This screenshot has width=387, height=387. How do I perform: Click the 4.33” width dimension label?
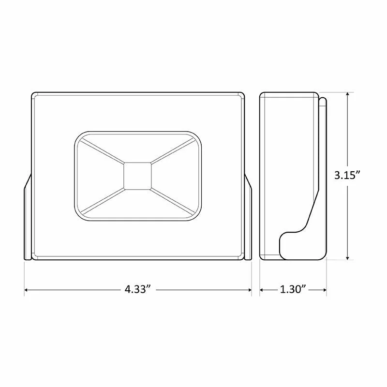click(138, 289)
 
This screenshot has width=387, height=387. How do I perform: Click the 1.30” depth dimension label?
click(293, 289)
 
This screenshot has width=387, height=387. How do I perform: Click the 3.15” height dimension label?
click(348, 176)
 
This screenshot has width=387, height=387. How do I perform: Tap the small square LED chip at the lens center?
click(137, 176)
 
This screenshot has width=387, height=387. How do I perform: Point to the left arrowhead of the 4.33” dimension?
click(26, 290)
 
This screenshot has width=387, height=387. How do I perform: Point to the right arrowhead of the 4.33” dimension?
click(249, 290)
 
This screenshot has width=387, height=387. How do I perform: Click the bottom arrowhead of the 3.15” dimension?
click(347, 257)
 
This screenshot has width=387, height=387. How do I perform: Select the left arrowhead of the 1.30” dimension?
click(262, 290)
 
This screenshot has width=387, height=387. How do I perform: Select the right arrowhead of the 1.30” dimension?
click(324, 290)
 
